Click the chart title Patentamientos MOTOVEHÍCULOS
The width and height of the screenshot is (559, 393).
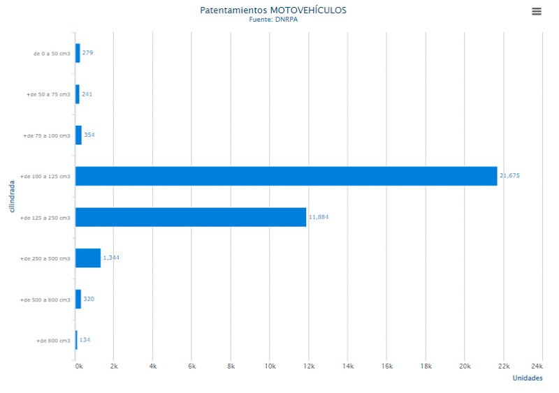tap(273, 10)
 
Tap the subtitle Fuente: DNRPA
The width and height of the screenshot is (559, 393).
tap(273, 20)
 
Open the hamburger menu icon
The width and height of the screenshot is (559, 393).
tap(537, 11)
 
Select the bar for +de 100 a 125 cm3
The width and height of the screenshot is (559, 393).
tap(286, 176)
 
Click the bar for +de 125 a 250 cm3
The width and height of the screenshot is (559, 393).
tap(191, 217)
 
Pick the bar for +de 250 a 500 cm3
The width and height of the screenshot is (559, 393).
tap(88, 258)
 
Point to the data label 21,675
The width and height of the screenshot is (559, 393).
tap(509, 176)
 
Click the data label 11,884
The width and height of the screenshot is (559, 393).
tap(318, 217)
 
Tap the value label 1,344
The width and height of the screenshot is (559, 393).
tap(112, 258)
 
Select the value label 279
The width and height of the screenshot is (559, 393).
tap(87, 53)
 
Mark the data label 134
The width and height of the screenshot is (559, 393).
tap(85, 340)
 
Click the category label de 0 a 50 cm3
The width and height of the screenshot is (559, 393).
tap(52, 54)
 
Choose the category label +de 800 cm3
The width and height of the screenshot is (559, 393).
tap(53, 341)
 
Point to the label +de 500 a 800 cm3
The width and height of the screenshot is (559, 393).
tap(46, 299)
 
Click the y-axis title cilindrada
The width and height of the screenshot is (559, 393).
tap(12, 197)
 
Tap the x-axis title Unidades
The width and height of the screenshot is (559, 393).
tap(528, 378)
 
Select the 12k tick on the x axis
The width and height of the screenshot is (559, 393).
tap(309, 366)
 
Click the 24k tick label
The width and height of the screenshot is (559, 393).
tap(537, 366)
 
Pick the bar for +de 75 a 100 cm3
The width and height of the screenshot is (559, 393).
tap(78, 135)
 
